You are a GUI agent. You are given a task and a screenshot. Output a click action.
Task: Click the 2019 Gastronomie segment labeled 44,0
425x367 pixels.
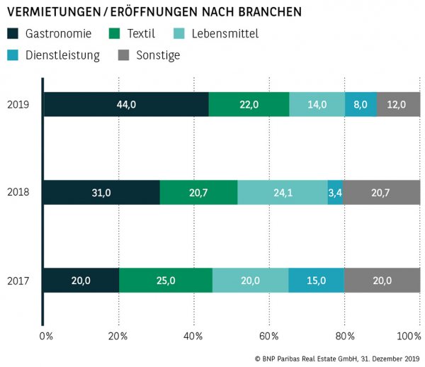point(126,104)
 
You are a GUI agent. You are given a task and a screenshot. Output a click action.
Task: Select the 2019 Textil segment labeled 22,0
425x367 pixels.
point(249,104)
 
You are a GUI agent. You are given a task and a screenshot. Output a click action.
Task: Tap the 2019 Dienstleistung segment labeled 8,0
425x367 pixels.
point(361,104)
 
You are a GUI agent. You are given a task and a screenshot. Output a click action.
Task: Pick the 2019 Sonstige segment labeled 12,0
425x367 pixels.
point(398,104)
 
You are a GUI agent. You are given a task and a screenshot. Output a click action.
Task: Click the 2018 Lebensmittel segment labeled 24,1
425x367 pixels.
point(283,193)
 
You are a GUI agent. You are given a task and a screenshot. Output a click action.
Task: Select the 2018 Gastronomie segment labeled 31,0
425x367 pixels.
point(101,193)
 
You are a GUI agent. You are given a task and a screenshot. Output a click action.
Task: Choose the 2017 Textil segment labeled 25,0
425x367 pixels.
point(165,281)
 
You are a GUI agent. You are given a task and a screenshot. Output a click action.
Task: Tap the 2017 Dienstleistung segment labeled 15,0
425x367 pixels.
point(316,281)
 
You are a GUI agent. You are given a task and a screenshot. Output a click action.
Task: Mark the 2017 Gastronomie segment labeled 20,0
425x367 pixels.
point(81,281)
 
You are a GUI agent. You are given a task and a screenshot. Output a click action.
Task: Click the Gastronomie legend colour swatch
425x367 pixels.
point(13,33)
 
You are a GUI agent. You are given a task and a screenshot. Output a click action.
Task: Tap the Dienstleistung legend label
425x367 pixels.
point(62,55)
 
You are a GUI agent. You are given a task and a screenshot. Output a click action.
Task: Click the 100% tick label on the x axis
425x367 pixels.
point(409,335)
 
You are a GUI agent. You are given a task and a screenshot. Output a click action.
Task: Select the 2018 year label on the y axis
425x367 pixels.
point(18,193)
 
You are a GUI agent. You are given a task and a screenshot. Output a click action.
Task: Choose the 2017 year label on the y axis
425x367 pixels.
point(18,281)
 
